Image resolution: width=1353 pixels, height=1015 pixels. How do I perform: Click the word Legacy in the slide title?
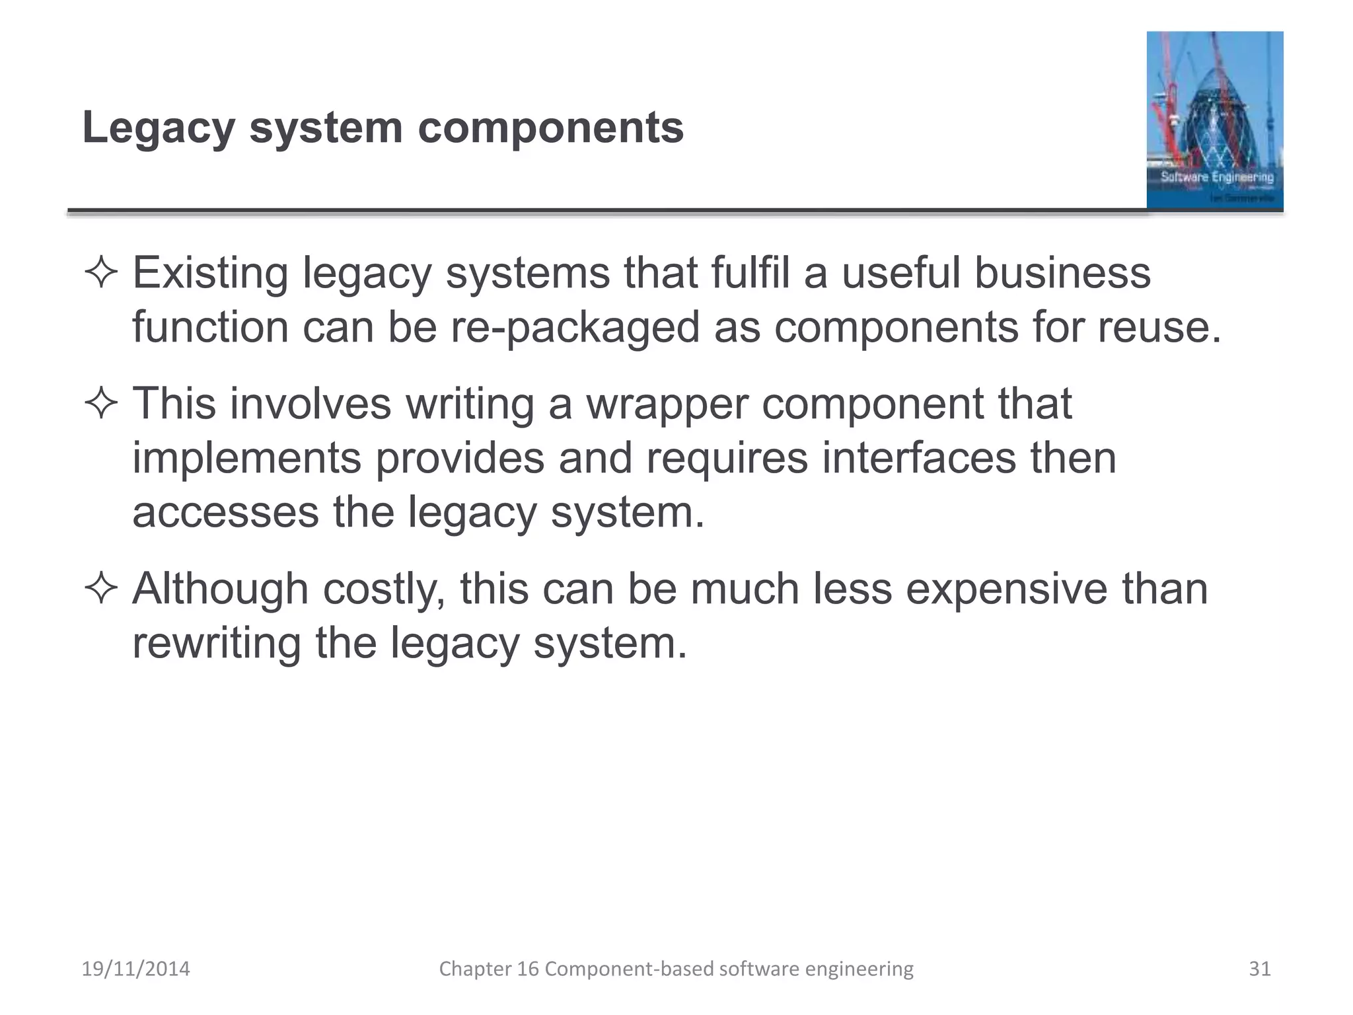[159, 128]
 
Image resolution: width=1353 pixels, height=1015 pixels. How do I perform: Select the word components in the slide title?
[551, 128]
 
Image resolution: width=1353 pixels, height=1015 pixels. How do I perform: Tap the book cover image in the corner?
[1214, 120]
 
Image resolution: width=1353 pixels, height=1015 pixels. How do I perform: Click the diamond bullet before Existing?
[101, 273]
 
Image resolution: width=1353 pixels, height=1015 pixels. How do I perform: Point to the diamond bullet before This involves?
[101, 404]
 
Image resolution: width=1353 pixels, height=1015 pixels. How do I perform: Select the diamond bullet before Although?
[101, 588]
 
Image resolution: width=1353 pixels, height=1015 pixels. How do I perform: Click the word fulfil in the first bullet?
[750, 273]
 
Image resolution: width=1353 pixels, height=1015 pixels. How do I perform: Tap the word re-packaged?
[575, 328]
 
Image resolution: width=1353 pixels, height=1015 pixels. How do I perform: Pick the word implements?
[246, 458]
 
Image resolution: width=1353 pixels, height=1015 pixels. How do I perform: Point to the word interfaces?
[918, 458]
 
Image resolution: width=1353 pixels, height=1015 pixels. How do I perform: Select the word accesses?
[225, 512]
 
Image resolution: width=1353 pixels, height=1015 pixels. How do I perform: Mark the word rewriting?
[216, 643]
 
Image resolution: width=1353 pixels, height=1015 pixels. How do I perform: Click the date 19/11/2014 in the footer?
[135, 969]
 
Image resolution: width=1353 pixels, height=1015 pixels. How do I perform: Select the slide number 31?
[1260, 969]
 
